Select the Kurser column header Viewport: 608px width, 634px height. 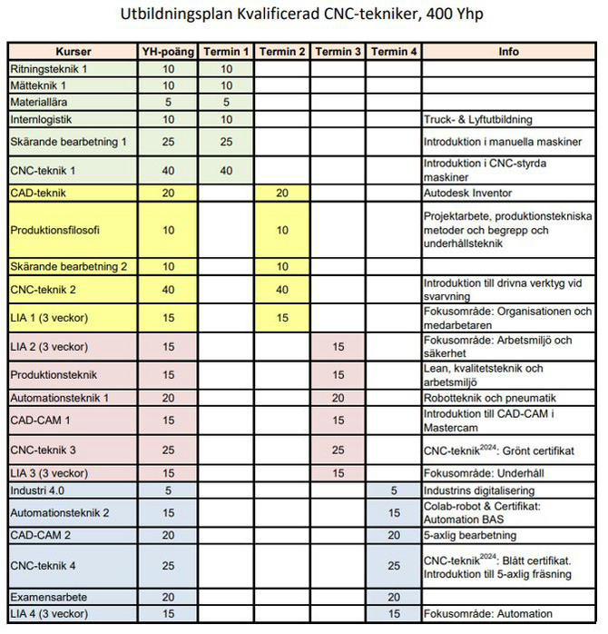73,52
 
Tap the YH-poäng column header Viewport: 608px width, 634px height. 168,52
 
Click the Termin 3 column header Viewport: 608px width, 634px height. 338,52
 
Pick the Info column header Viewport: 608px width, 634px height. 508,52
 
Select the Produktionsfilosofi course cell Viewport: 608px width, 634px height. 56,229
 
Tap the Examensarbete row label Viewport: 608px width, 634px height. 45,597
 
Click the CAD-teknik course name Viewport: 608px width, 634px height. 38,193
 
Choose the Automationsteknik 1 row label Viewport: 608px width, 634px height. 59,398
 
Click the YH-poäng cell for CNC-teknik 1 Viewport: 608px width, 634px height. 168,170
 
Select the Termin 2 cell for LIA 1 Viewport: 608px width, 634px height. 282,317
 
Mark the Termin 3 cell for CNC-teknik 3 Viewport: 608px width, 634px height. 338,450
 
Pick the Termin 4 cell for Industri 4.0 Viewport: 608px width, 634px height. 394,490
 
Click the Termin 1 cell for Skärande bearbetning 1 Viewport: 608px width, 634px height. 226,142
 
